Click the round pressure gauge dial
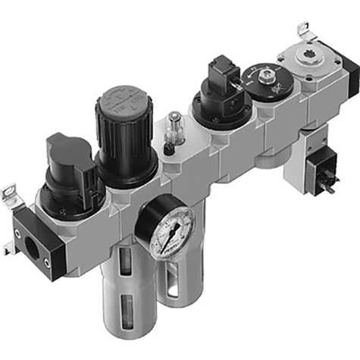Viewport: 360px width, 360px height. (x=167, y=230)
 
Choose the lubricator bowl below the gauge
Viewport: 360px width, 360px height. (x=176, y=303)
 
